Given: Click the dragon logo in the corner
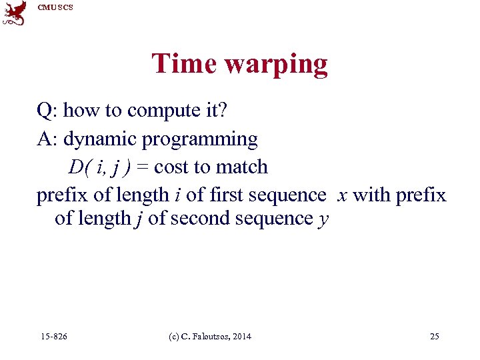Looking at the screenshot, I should pos(15,13).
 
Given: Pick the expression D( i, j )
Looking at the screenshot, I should pos(101,167).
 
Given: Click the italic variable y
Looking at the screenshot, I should pos(323,219).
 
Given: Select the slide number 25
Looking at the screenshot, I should pos(435,337).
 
